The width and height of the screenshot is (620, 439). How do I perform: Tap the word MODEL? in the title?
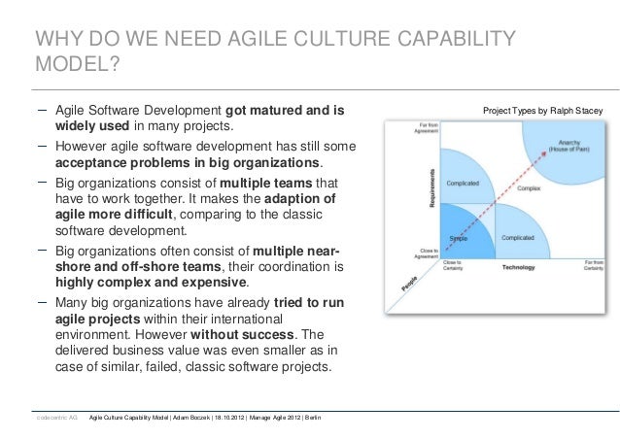click(x=79, y=72)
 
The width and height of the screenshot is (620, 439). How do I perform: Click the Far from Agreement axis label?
click(x=431, y=129)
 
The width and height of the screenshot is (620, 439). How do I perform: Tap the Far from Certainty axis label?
click(x=596, y=263)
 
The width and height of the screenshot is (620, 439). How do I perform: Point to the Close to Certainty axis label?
click(x=452, y=263)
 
